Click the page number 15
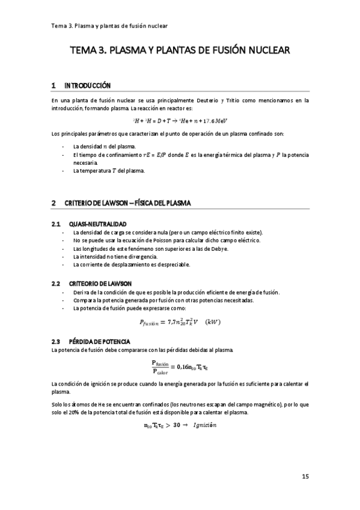tap(305, 477)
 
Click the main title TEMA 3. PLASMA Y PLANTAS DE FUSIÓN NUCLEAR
tap(180, 51)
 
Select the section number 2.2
tap(56, 283)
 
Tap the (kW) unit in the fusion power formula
tap(213, 322)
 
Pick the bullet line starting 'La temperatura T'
tap(109, 170)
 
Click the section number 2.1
tap(56, 224)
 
